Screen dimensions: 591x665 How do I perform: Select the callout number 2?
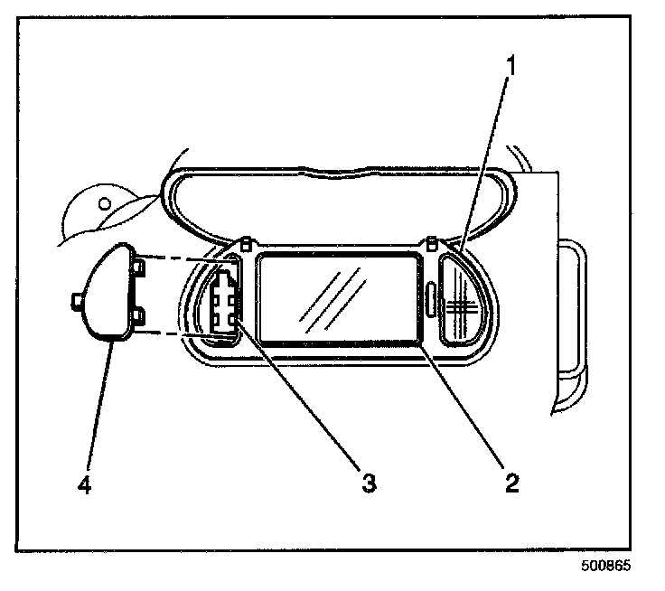click(x=512, y=481)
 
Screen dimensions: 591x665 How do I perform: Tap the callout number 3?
click(x=368, y=481)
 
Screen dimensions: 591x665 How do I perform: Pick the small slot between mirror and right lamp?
click(x=430, y=297)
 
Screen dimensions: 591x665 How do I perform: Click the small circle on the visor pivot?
click(x=105, y=201)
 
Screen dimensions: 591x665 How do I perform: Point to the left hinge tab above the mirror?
click(x=246, y=242)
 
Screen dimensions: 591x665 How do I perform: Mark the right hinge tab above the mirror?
click(x=433, y=242)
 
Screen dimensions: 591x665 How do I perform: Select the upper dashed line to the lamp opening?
click(x=181, y=258)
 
